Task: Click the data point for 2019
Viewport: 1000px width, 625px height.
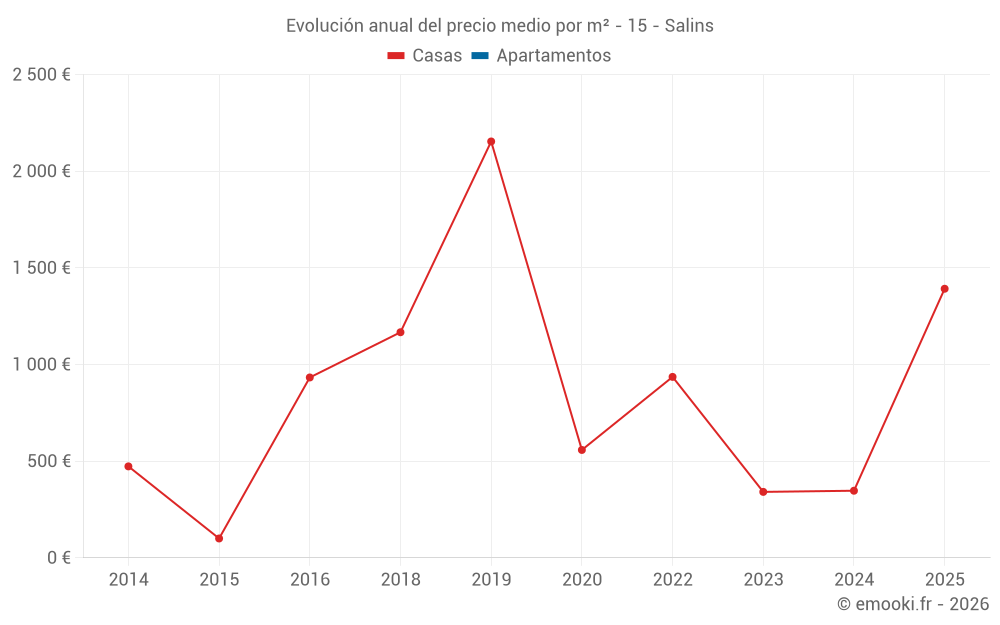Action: [x=491, y=142]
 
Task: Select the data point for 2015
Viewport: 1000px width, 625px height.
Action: [x=219, y=538]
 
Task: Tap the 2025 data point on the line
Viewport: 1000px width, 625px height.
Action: [x=944, y=289]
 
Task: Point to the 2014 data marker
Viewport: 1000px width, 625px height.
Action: [x=128, y=466]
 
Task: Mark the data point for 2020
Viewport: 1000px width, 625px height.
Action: [x=582, y=450]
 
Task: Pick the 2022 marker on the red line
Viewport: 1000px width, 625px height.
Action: [x=672, y=377]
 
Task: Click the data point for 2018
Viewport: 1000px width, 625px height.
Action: [x=400, y=332]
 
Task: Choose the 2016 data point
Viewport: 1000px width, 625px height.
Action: [x=310, y=378]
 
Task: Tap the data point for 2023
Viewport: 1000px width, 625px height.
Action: [x=763, y=492]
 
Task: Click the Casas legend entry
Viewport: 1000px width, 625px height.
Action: [x=425, y=56]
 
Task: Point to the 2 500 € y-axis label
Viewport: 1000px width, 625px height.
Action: [x=41, y=75]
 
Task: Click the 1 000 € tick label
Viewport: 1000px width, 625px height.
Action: [x=41, y=365]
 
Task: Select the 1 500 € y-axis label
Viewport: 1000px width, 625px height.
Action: [x=41, y=268]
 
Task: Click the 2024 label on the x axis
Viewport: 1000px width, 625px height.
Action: [x=853, y=579]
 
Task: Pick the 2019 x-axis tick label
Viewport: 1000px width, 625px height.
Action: [x=491, y=579]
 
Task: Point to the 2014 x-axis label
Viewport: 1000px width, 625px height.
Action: [x=128, y=579]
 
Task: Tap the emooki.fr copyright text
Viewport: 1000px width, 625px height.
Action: [x=913, y=604]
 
